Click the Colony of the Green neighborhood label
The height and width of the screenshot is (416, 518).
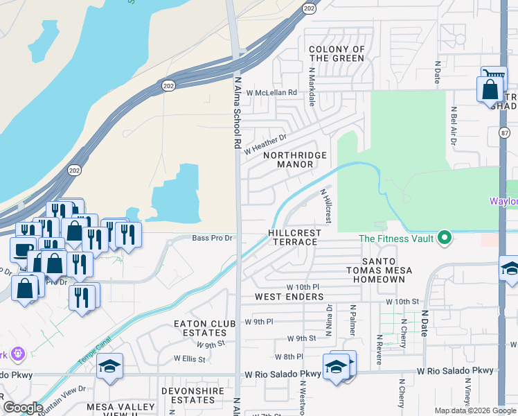point(337,53)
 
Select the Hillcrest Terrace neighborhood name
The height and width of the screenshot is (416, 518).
point(293,237)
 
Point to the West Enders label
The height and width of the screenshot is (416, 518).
point(289,297)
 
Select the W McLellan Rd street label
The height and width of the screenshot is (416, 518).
point(265,92)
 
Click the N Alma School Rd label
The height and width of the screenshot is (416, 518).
point(237,114)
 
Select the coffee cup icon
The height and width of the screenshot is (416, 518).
point(21,248)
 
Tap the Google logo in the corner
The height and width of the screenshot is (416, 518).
point(23,407)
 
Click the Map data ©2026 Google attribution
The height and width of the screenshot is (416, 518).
point(474,410)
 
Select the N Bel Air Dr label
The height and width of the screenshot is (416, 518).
point(454,126)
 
